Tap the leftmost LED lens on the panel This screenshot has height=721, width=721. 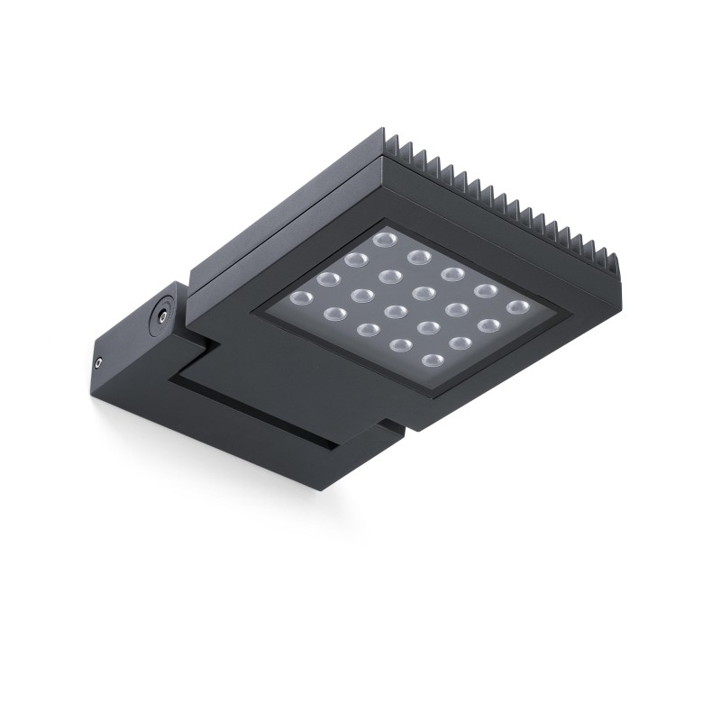(300, 297)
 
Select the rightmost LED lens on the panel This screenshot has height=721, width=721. (516, 308)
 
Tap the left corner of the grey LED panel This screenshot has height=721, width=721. (256, 312)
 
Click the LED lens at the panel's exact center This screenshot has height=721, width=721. (395, 312)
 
